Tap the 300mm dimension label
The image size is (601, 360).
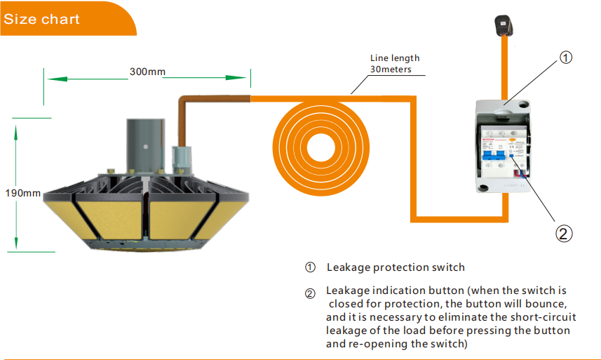(147, 72)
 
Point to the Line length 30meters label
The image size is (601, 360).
(394, 63)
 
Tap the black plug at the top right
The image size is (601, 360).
(503, 26)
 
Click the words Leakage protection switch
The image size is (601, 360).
(396, 267)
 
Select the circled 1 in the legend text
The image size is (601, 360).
(310, 267)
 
